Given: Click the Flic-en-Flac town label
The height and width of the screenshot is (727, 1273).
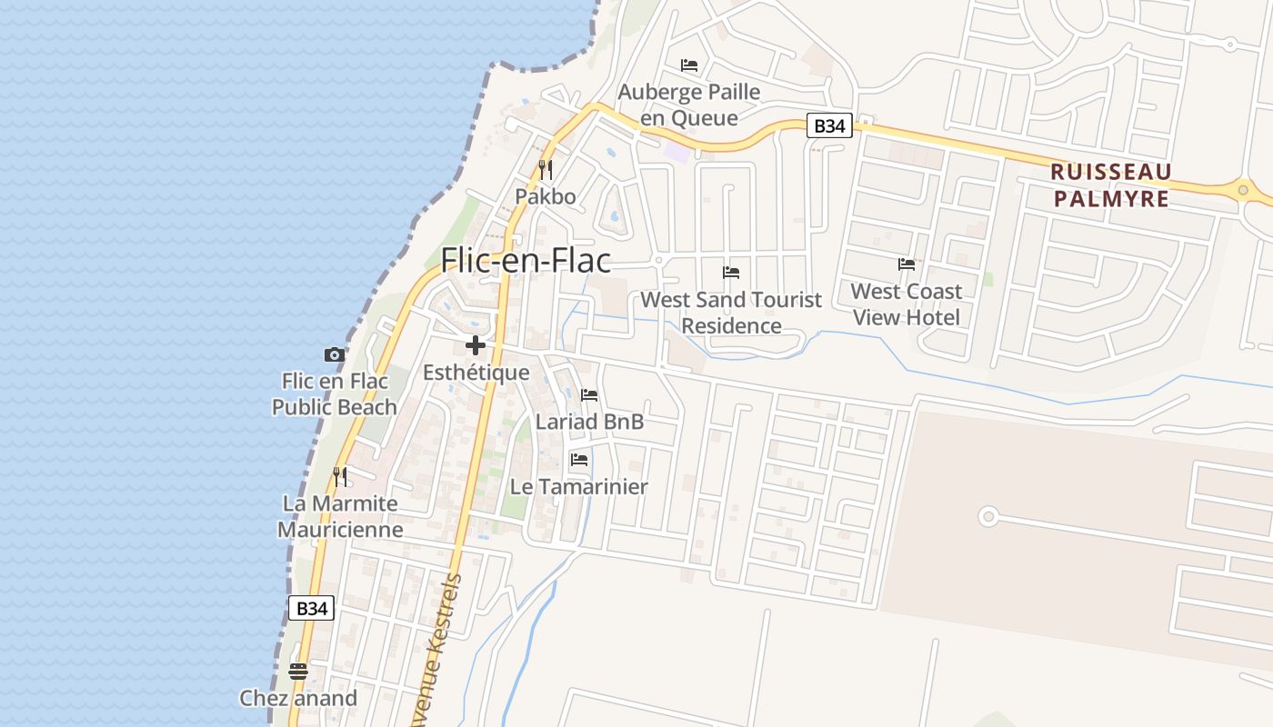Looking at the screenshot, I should click(526, 261).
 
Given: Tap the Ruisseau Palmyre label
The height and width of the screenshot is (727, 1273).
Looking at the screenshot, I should click(1110, 185).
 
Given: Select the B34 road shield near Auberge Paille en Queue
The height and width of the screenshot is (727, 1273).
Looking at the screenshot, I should click(828, 125).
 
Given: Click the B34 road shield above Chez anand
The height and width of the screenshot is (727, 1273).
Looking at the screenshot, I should click(311, 608).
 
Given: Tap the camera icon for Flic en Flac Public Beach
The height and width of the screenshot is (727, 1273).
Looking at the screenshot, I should click(335, 355).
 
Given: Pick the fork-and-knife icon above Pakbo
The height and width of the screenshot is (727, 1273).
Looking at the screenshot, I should click(546, 169).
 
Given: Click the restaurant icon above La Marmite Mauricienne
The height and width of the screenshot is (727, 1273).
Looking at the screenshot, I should click(340, 476).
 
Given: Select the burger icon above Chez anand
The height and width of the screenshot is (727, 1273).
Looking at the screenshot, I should click(298, 672).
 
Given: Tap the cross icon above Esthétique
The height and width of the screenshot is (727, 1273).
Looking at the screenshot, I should click(475, 345).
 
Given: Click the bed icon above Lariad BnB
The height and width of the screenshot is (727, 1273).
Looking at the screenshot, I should click(589, 395).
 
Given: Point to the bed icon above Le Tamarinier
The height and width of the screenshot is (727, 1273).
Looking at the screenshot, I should click(578, 460).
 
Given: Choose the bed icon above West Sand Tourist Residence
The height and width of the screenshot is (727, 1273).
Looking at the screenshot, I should click(731, 273).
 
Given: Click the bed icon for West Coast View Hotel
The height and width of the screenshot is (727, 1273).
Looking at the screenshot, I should click(907, 264).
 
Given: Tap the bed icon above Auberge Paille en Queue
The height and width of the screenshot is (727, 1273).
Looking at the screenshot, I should click(689, 65).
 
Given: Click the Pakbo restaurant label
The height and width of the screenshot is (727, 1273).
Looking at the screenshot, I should click(546, 196).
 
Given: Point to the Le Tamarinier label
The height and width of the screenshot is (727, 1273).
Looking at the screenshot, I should click(578, 487).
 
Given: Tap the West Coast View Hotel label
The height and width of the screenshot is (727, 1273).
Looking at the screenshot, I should click(907, 304).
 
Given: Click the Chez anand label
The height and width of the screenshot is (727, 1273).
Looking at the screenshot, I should click(298, 698).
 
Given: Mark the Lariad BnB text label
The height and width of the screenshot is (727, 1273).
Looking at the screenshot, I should click(589, 422).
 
